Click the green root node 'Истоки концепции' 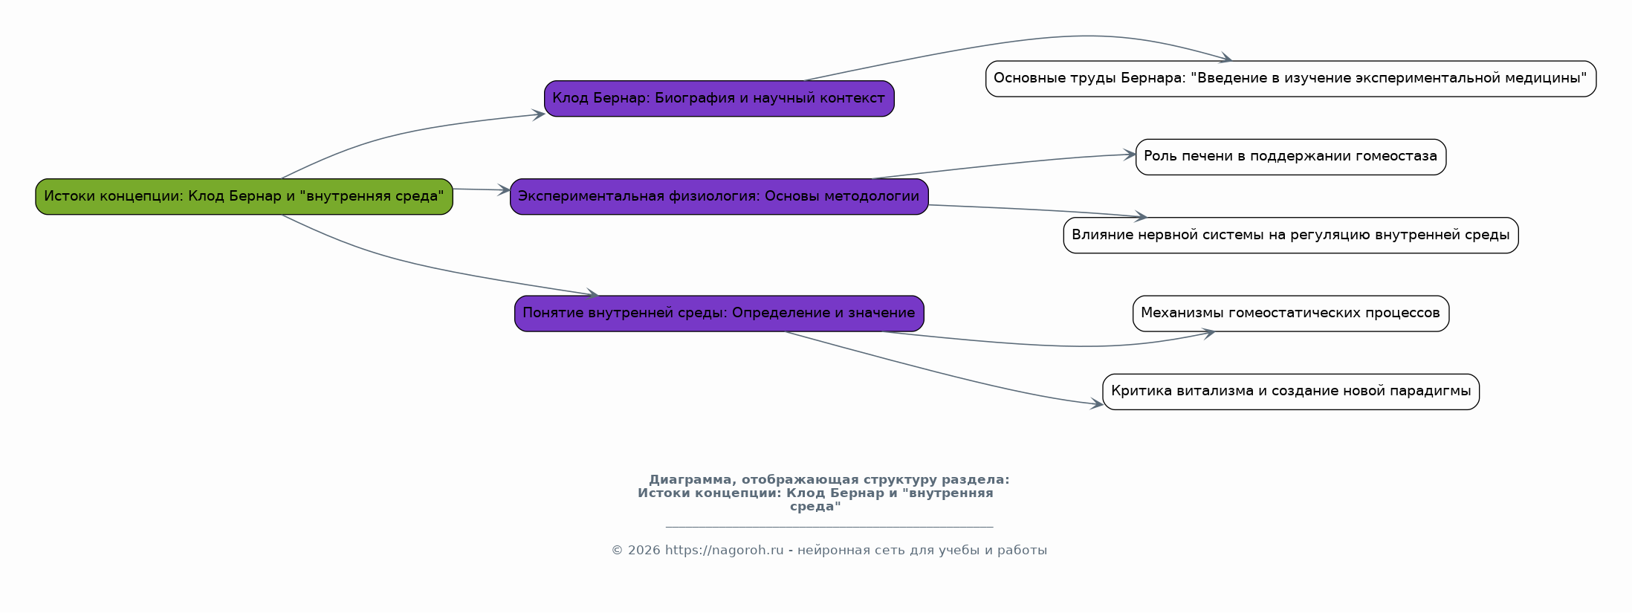click(x=244, y=196)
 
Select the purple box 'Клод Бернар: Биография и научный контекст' click(x=719, y=98)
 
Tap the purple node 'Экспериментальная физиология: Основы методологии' click(x=719, y=196)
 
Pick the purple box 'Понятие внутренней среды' click(x=719, y=313)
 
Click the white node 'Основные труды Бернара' click(x=1290, y=78)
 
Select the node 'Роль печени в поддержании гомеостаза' click(x=1290, y=157)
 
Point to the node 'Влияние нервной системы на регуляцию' click(x=1290, y=235)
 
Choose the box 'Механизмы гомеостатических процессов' click(x=1290, y=313)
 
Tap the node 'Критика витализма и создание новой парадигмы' click(x=1290, y=392)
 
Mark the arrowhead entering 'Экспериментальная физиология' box click(x=503, y=190)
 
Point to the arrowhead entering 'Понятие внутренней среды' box click(x=592, y=293)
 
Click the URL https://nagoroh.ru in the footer click(x=724, y=551)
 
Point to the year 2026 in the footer click(x=644, y=551)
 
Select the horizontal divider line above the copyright click(x=829, y=527)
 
